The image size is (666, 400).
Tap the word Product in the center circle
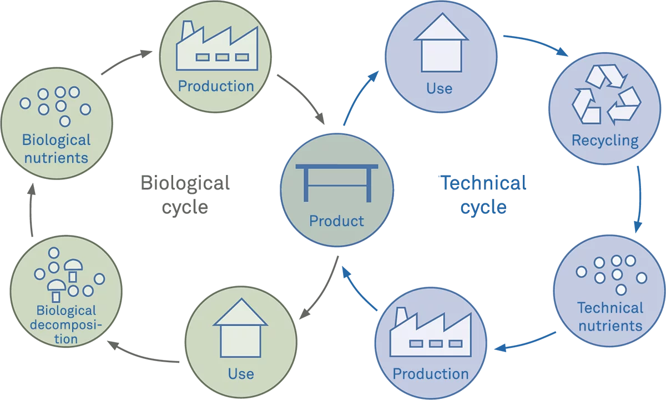coord(336,221)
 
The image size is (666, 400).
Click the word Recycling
coord(605,140)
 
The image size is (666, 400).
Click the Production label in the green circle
coord(216,86)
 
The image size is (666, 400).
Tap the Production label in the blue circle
coord(431,373)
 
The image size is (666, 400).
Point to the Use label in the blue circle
coord(439,88)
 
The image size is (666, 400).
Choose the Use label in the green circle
coord(241,373)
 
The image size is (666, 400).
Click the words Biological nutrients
coord(56,148)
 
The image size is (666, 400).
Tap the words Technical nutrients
coord(610,316)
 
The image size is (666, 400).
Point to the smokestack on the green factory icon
coord(186,29)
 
